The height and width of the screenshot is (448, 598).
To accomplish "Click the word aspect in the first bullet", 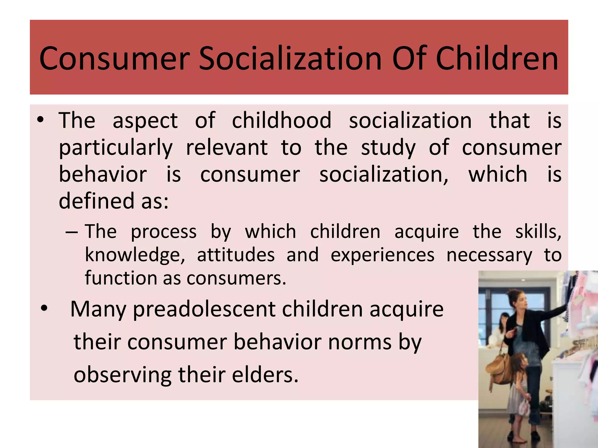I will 145,121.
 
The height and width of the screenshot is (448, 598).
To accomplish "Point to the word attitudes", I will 236,255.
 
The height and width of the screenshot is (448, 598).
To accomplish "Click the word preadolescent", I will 204,310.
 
